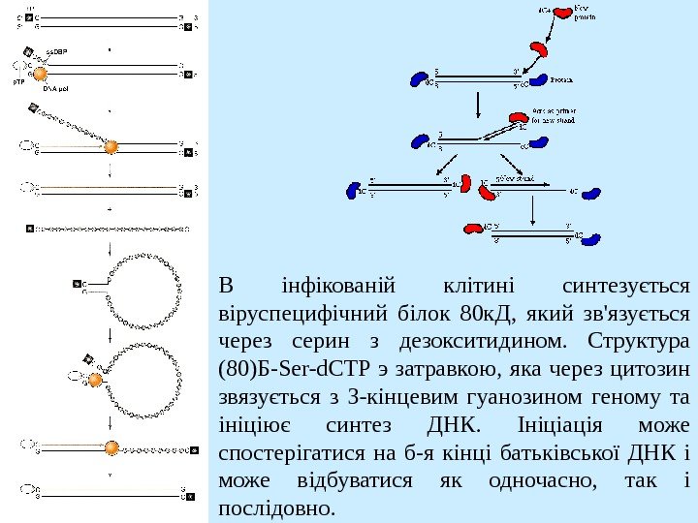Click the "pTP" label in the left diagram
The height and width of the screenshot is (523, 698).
[x=17, y=82]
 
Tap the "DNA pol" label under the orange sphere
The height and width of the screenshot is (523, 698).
[x=55, y=87]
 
